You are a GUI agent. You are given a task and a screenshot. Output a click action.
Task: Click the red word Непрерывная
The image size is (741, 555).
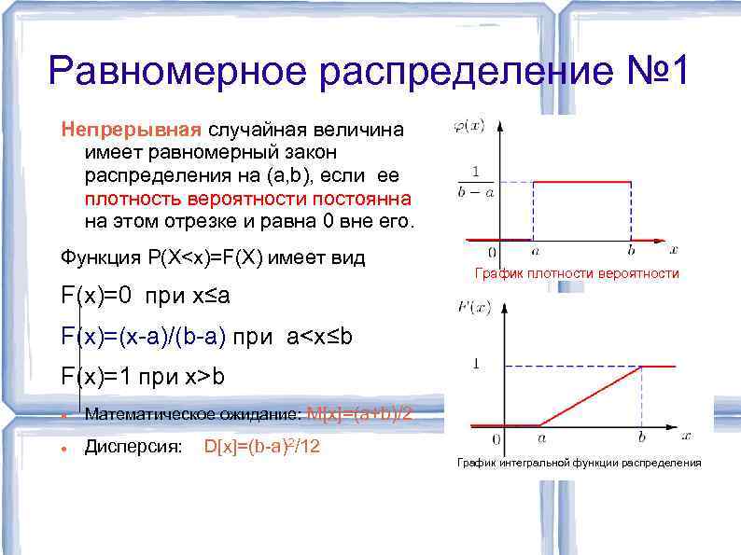[132, 129]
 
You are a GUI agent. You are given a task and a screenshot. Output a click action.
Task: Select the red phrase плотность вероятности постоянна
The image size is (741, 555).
[247, 199]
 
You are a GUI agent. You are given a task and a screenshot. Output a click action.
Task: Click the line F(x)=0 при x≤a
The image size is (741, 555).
[146, 298]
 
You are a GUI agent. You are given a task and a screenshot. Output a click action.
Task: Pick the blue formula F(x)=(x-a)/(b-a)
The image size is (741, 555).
[145, 337]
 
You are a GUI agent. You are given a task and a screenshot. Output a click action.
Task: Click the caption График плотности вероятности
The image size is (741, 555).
[577, 273]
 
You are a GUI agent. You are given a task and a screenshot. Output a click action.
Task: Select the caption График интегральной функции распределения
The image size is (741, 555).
[578, 463]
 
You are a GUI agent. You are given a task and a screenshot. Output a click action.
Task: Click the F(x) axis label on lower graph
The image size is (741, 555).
[472, 305]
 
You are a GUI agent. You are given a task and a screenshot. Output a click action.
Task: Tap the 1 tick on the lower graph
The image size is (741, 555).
[477, 364]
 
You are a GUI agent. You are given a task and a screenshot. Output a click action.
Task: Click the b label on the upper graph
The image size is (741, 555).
[631, 250]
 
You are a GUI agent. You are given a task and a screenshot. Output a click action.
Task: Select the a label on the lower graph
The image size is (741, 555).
[541, 436]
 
